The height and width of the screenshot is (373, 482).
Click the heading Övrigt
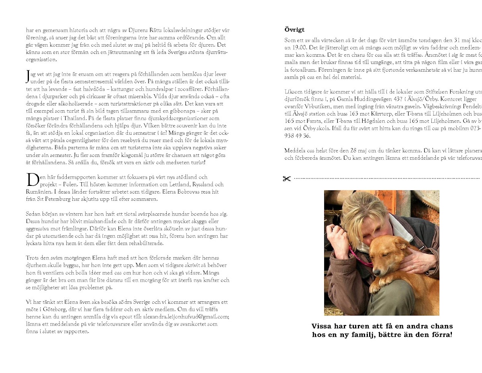coord(294,29)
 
